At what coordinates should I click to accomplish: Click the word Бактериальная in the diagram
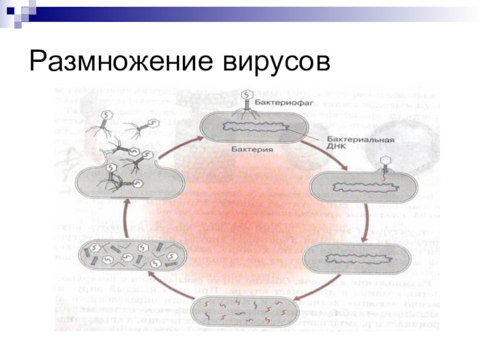coord(361,141)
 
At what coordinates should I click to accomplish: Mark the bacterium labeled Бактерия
coord(254,127)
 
